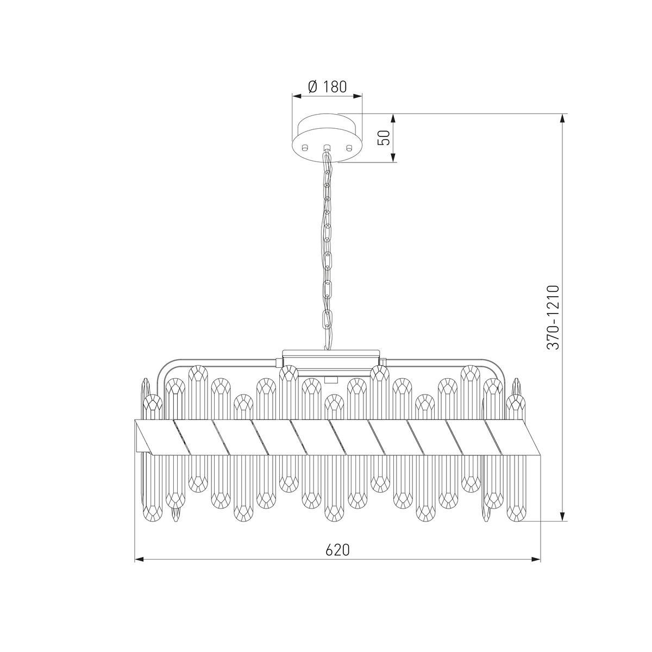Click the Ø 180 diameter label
pyautogui.click(x=328, y=87)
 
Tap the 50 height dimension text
pyautogui.click(x=384, y=137)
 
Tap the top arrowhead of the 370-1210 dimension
pyautogui.click(x=562, y=119)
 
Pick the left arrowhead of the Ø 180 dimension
pyautogui.click(x=297, y=96)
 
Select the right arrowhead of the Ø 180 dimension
pyautogui.click(x=358, y=96)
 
